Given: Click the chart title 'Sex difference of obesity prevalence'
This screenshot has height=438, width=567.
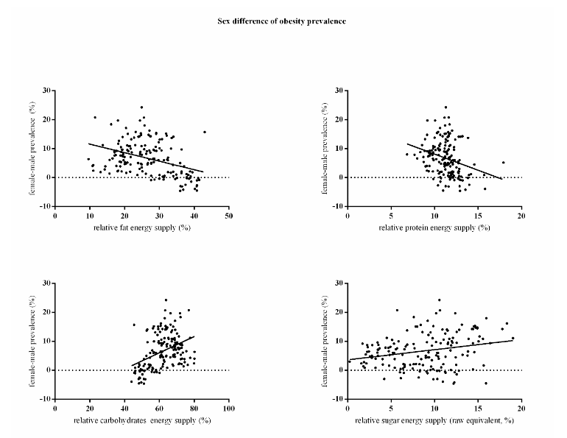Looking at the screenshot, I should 283,21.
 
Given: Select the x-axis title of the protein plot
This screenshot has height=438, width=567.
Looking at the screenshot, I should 434,228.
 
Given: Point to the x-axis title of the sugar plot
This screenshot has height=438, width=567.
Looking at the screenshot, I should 434,420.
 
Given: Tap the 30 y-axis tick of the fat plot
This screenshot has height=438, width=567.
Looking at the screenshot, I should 46,91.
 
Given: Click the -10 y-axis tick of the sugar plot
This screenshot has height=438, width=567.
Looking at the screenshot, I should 335,399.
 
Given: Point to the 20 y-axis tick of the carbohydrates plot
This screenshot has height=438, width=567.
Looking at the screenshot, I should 46,312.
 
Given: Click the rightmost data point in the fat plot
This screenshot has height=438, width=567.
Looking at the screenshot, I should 205,132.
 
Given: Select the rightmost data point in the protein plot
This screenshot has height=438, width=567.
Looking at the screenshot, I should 504,162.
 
